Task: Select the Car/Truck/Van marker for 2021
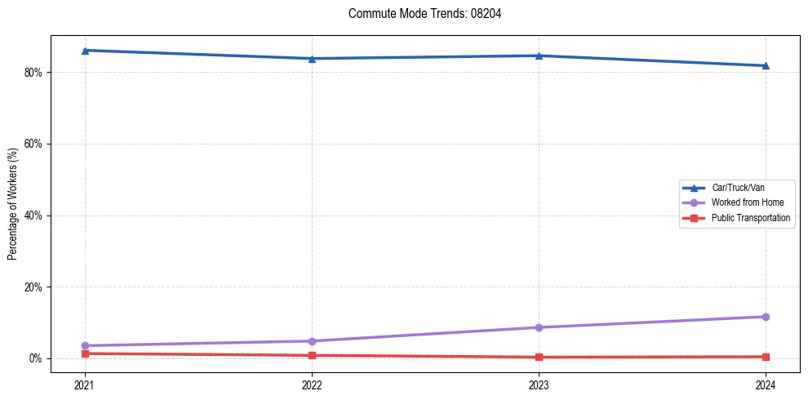pos(85,51)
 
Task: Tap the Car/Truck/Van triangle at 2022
pos(312,59)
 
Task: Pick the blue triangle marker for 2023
pos(539,56)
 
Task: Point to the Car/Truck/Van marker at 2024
pos(766,65)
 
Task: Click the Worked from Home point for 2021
pos(85,345)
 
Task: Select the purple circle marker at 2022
pos(312,341)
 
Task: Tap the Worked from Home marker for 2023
pos(539,327)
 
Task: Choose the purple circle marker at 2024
pos(766,317)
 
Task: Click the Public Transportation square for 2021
pos(85,353)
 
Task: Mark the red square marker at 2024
pos(766,357)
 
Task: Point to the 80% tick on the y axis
pos(33,72)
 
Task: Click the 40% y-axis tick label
pos(33,216)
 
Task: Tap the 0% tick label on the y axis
pos(35,358)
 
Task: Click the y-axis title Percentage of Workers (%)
pos(12,204)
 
